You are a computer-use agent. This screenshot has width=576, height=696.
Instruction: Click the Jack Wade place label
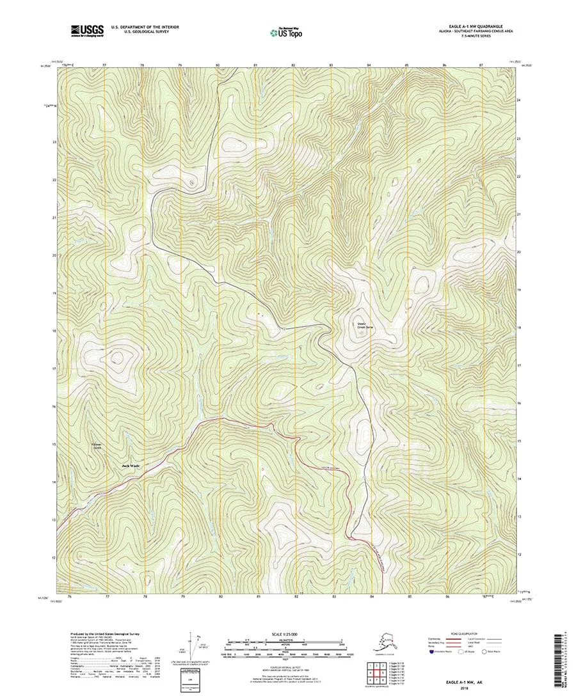point(131,466)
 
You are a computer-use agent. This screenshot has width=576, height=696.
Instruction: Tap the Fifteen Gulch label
point(97,446)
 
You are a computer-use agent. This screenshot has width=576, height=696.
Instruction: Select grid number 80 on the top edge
point(218,65)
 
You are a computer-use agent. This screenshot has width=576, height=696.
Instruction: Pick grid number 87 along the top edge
point(481,65)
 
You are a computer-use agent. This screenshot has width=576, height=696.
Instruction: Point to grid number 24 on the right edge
point(518,101)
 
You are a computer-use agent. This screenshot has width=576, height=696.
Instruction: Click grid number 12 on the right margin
point(518,554)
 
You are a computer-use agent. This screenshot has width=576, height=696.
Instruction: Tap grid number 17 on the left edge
point(54,369)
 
